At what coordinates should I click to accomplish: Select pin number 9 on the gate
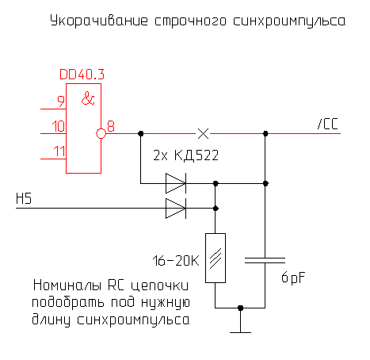click(60, 100)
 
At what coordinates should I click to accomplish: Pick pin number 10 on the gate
click(57, 125)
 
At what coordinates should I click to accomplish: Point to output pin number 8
click(111, 125)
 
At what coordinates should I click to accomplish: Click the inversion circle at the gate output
click(101, 133)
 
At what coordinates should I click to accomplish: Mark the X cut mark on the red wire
click(203, 133)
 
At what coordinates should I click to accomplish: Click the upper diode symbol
click(176, 184)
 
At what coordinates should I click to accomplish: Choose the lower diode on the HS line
click(176, 209)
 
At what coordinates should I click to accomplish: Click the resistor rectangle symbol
click(216, 258)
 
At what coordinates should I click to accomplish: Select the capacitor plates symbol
click(265, 259)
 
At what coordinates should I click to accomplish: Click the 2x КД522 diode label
click(185, 155)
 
